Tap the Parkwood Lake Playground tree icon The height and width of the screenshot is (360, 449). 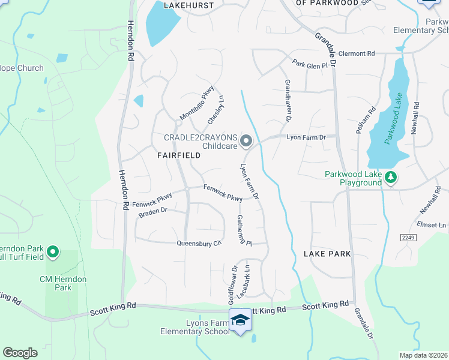pyautogui.click(x=391, y=177)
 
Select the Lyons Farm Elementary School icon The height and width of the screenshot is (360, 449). pyautogui.click(x=240, y=320)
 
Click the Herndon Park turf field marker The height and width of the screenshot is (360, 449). pyautogui.click(x=52, y=252)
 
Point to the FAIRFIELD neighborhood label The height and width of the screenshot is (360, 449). pyautogui.click(x=178, y=155)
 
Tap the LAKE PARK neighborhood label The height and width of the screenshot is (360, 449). pyautogui.click(x=327, y=254)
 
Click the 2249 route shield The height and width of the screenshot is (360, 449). pyautogui.click(x=408, y=238)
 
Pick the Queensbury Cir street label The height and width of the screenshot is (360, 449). pyautogui.click(x=199, y=244)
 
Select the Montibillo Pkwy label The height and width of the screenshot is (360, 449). pyautogui.click(x=197, y=103)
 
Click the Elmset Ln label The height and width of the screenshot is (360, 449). pyautogui.click(x=435, y=226)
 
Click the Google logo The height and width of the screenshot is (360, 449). pyautogui.click(x=20, y=352)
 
